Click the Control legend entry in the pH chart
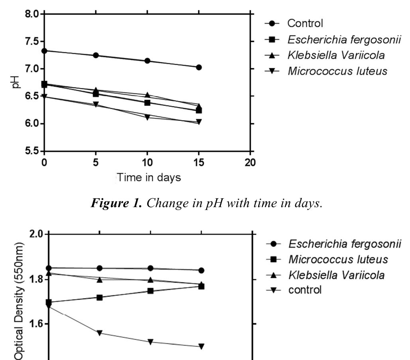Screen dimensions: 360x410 [x=305, y=24]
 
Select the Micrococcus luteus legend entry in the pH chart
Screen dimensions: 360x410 [x=337, y=71]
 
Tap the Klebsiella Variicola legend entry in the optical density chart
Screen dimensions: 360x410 [x=337, y=275]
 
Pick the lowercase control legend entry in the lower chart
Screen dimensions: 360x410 [x=305, y=290]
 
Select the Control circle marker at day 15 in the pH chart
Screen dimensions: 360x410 [x=199, y=67]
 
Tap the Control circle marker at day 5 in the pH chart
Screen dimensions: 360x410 [x=96, y=55]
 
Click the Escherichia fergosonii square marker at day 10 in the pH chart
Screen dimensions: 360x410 [x=147, y=103]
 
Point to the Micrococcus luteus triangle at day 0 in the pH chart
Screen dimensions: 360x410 [x=44, y=96]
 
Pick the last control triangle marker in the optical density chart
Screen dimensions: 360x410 [x=201, y=346]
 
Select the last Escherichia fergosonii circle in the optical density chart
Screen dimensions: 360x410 [x=201, y=271]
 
